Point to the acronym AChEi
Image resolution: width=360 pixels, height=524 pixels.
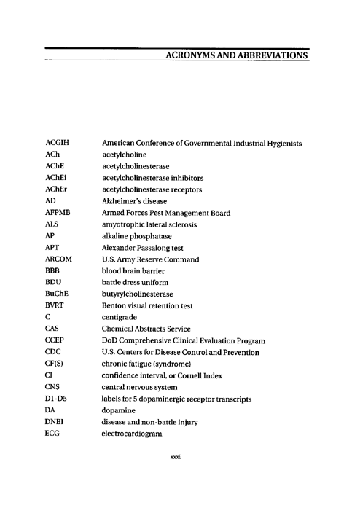pos(55,178)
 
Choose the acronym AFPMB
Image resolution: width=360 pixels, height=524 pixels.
pos(58,213)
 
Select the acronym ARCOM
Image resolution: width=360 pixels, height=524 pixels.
pos(58,259)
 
